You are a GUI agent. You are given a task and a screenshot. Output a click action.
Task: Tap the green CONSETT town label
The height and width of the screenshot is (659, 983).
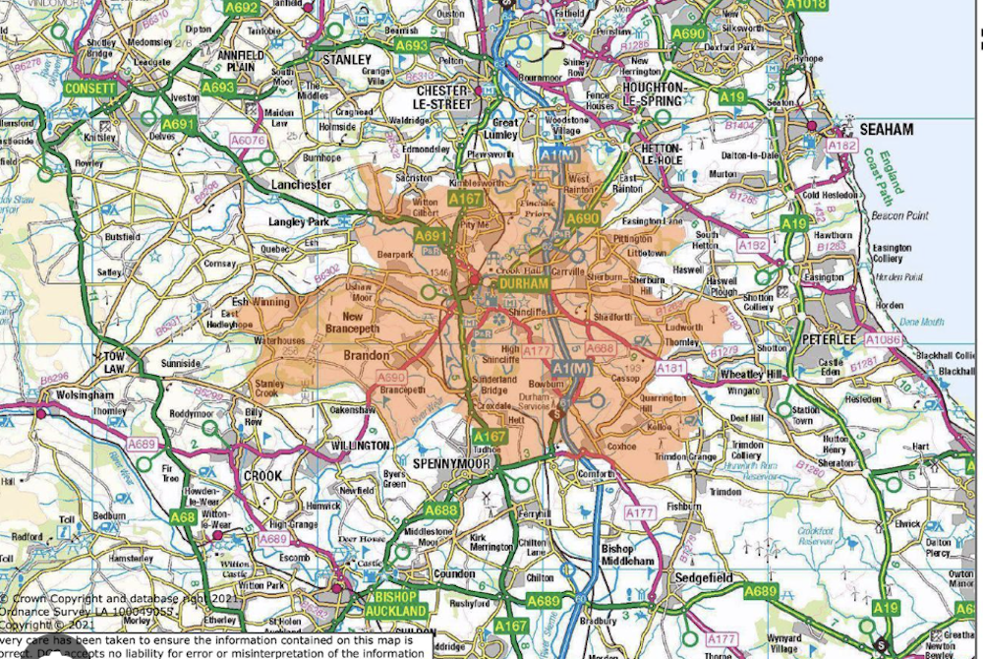[x=89, y=89]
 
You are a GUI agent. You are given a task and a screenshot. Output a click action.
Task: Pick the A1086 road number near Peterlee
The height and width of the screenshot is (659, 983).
[x=883, y=339]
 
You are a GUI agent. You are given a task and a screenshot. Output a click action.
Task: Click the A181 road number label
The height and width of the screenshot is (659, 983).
[x=670, y=368]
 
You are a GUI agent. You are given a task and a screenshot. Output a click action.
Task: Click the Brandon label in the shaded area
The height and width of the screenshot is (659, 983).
[x=366, y=355]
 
